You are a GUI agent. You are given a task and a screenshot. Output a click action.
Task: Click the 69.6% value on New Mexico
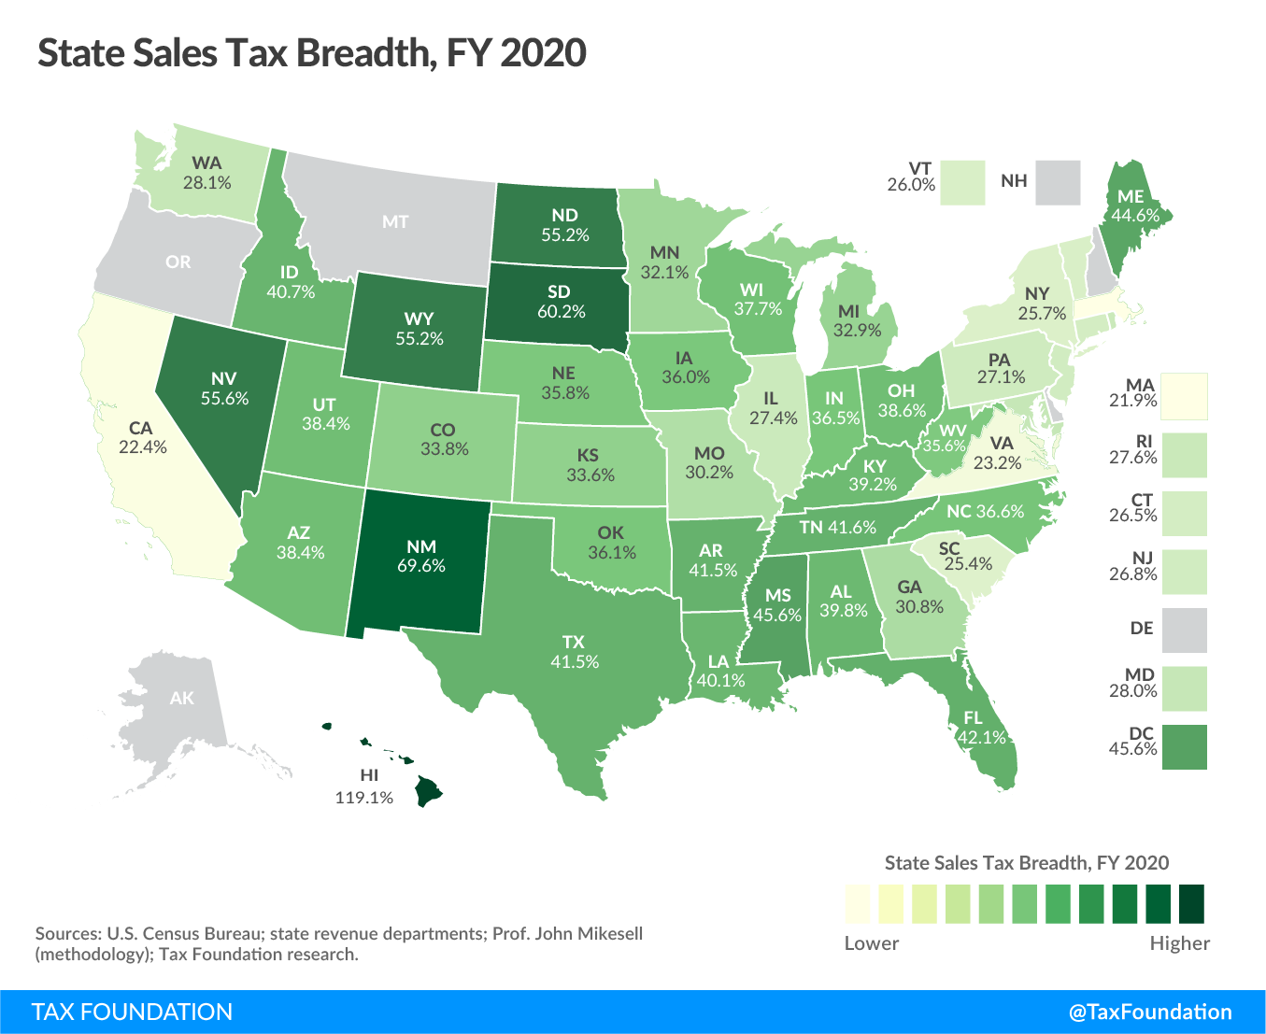tap(421, 566)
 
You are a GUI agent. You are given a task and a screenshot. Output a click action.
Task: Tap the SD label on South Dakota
tap(561, 292)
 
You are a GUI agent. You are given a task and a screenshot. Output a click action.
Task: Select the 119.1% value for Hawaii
tap(364, 799)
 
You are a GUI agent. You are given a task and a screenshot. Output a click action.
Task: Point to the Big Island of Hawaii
tap(429, 792)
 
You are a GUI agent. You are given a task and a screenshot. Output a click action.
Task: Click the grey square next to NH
tap(1058, 182)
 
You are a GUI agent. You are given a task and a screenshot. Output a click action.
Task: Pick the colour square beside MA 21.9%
tap(1185, 396)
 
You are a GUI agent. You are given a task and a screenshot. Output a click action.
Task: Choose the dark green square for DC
tap(1185, 747)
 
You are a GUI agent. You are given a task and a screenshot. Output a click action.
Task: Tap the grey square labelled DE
tap(1185, 630)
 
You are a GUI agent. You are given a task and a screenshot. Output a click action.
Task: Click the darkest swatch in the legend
tap(1191, 904)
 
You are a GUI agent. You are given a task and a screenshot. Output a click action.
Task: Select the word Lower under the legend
tap(871, 943)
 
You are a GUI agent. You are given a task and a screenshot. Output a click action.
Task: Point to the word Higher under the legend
tap(1179, 943)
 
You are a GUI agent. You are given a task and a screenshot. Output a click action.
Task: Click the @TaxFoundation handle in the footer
tap(1150, 1013)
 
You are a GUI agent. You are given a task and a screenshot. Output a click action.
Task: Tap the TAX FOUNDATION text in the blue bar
tap(132, 1013)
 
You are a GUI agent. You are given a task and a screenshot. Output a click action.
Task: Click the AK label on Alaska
tap(182, 698)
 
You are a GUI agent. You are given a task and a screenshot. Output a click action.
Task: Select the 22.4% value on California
tap(143, 447)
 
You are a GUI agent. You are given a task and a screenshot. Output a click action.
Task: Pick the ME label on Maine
tap(1131, 198)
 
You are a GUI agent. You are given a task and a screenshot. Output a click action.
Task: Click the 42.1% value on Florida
tap(981, 737)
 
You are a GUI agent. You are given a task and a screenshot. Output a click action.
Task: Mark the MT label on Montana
tap(395, 222)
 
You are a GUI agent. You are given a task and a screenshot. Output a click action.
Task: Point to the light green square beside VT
tap(963, 182)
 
